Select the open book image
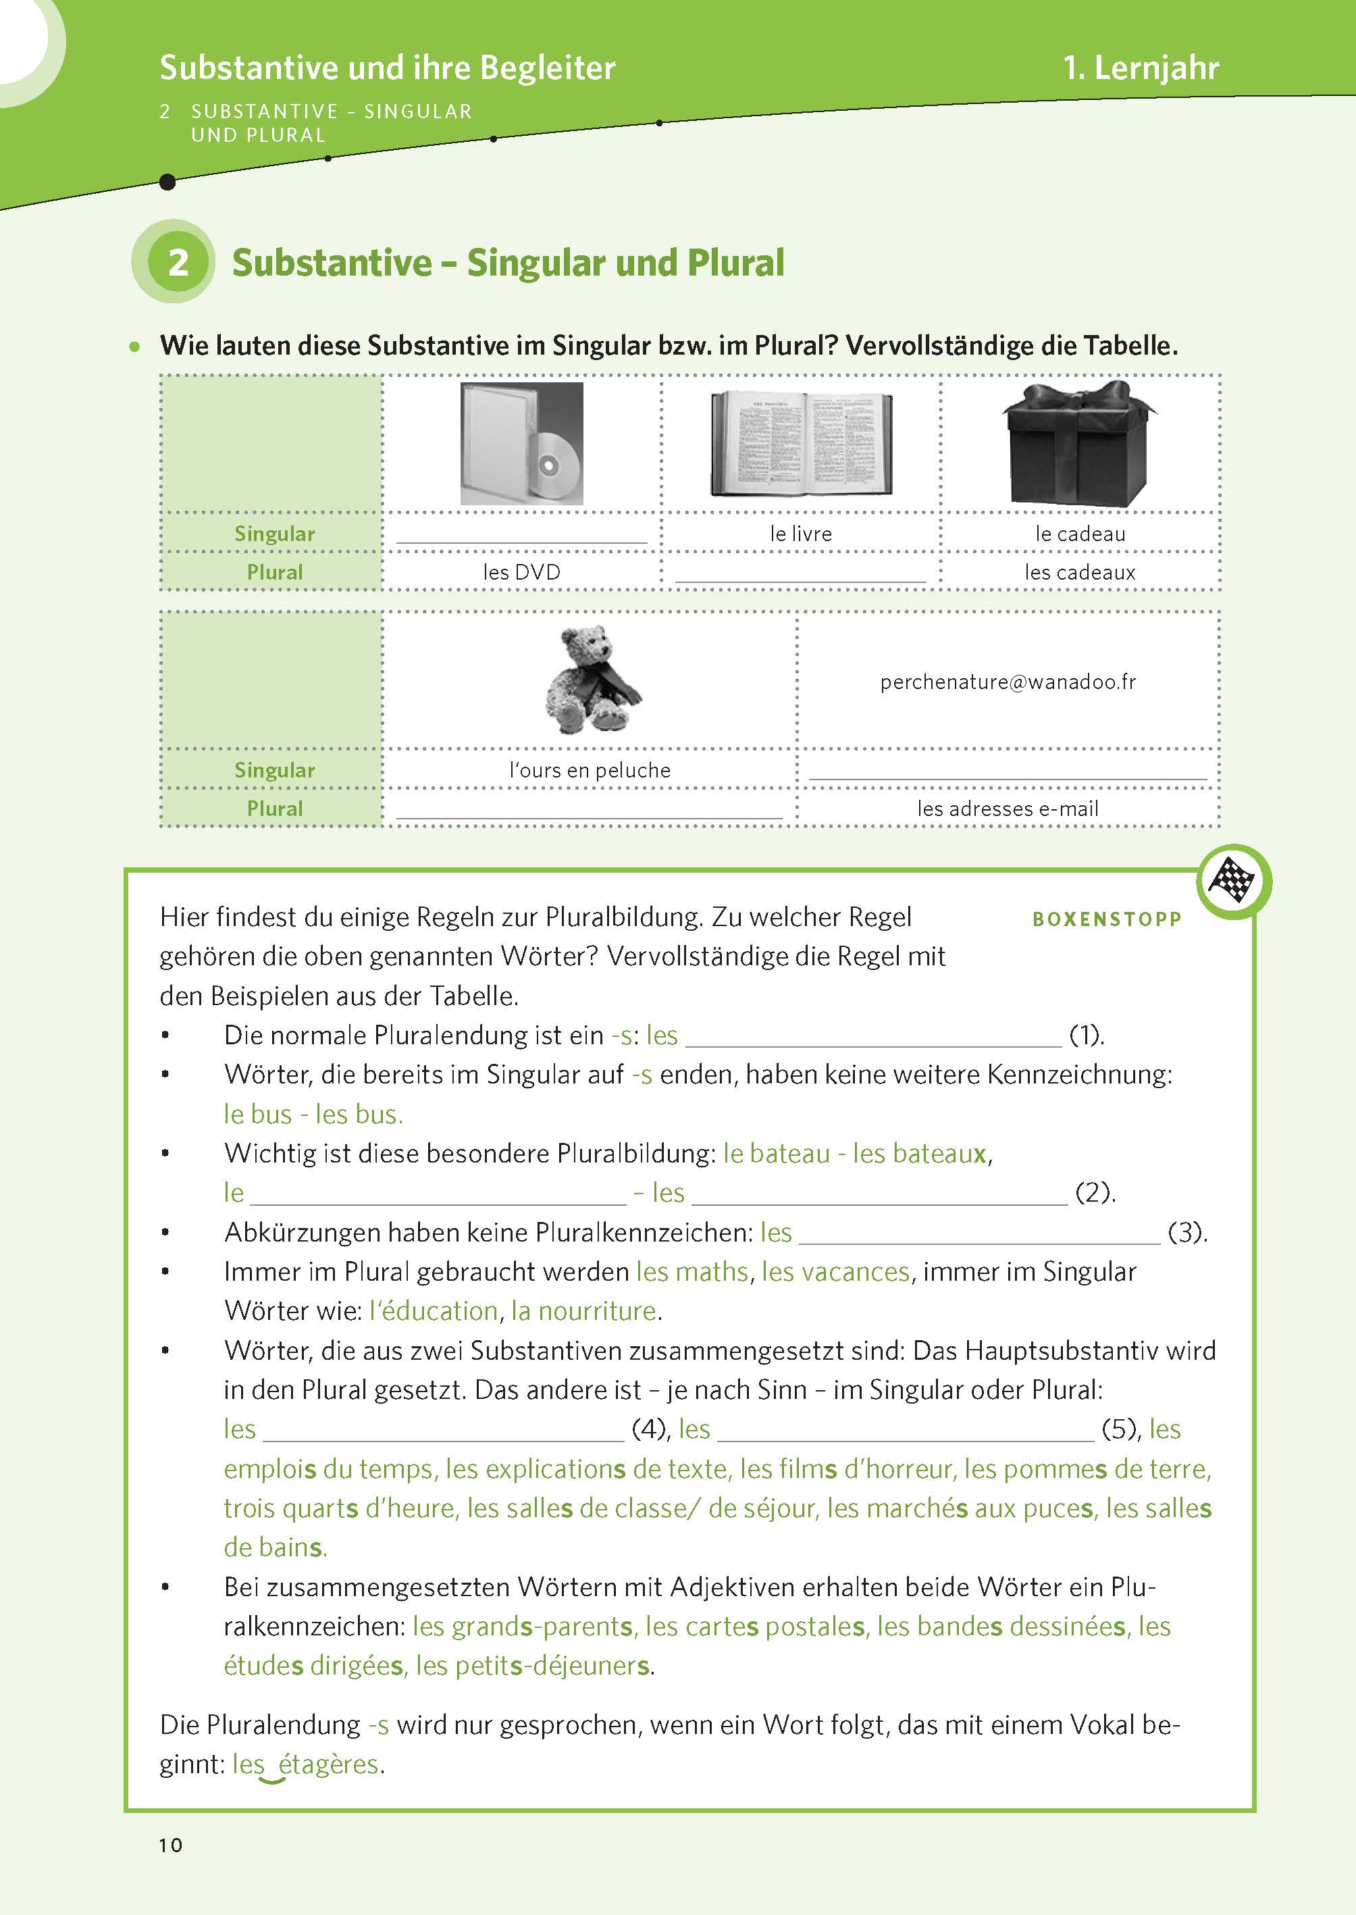click(x=801, y=444)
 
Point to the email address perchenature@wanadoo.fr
click(x=1008, y=682)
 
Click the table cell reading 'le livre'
click(x=801, y=534)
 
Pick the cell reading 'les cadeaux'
click(x=1080, y=572)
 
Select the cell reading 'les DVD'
click(x=522, y=572)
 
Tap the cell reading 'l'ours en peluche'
click(x=590, y=770)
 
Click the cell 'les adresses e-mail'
click(x=1008, y=809)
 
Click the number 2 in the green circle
click(x=178, y=262)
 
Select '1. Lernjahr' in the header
click(x=1141, y=68)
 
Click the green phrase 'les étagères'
click(x=307, y=1764)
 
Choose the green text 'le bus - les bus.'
click(x=313, y=1114)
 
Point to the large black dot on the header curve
click(x=167, y=181)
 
